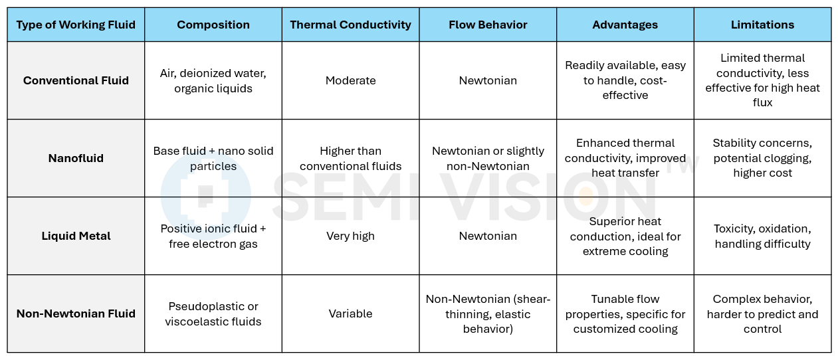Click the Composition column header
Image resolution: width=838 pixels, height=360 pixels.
pyautogui.click(x=213, y=25)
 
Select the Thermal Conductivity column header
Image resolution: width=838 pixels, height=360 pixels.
pyautogui.click(x=350, y=25)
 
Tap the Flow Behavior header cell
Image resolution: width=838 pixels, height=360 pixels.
pyautogui.click(x=488, y=25)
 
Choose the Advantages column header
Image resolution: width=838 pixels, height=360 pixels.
pyautogui.click(x=625, y=25)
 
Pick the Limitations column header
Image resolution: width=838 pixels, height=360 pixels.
pyautogui.click(x=762, y=25)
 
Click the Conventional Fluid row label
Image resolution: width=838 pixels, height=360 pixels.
pyautogui.click(x=76, y=80)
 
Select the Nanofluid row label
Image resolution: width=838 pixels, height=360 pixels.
pyautogui.click(x=76, y=158)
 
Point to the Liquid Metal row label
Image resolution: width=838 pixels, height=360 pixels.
pyautogui.click(x=76, y=236)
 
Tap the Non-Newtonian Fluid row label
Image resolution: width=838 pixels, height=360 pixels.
pyautogui.click(x=76, y=314)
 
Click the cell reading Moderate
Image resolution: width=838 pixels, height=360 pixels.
pyautogui.click(x=350, y=80)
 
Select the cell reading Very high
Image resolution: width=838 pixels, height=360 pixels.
pyautogui.click(x=350, y=236)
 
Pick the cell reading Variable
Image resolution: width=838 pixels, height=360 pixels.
pyautogui.click(x=350, y=314)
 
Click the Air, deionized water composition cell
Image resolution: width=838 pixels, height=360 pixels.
pyautogui.click(x=213, y=80)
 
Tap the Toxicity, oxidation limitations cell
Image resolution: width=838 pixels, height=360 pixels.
pyautogui.click(x=762, y=236)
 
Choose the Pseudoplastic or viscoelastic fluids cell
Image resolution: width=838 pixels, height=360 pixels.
pyautogui.click(x=213, y=314)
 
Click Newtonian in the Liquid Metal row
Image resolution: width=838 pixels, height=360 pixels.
pyautogui.click(x=488, y=236)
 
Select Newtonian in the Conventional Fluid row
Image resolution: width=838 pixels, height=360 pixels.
pyautogui.click(x=488, y=80)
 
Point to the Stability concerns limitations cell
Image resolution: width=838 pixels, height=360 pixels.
pyautogui.click(x=762, y=158)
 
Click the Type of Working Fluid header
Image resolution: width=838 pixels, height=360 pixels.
pyautogui.click(x=76, y=25)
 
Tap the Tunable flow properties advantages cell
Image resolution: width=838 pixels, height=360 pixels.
pyautogui.click(x=625, y=314)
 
